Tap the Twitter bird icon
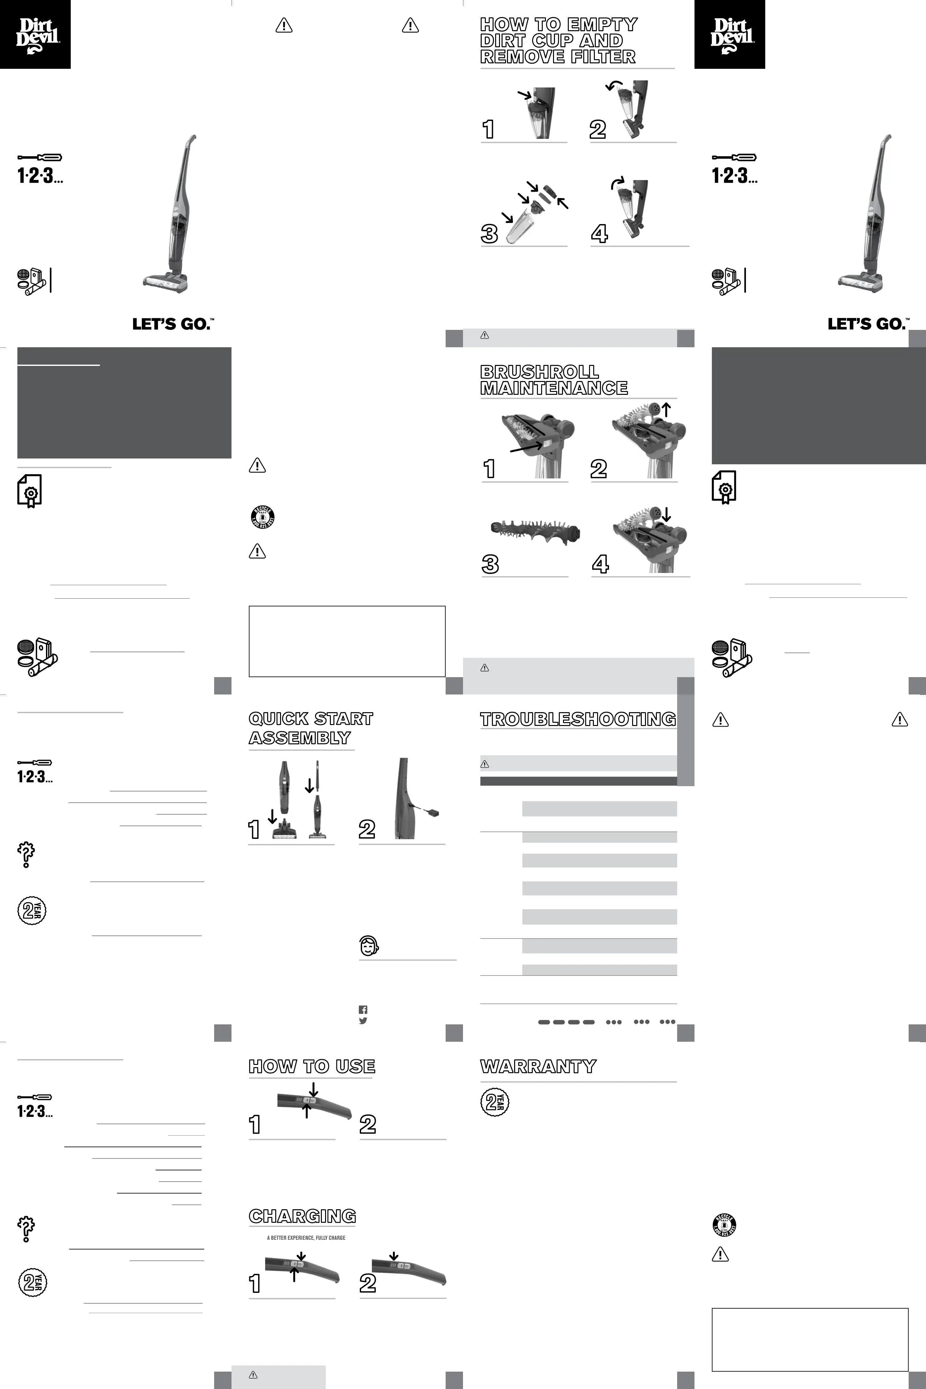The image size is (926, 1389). [363, 1021]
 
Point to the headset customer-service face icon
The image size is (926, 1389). [369, 946]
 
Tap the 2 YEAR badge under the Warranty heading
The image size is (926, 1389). [494, 1102]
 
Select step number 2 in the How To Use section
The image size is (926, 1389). [367, 1124]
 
